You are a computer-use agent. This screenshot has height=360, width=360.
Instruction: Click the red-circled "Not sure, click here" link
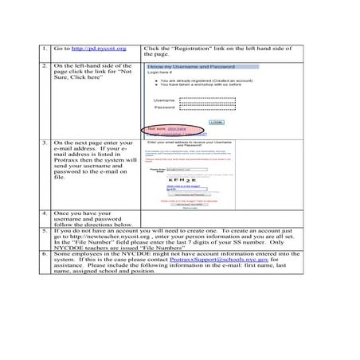[176, 127]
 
